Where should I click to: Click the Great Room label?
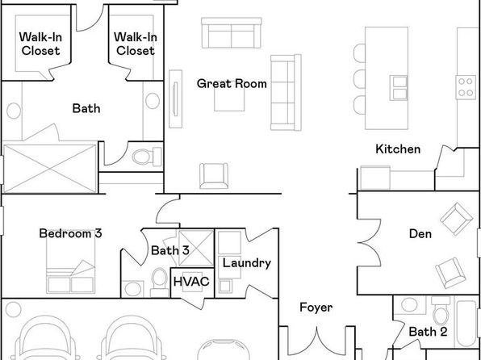pos(232,84)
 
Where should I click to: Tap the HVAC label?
pos(191,282)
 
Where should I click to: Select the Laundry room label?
pos(247,263)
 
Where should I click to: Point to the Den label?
pos(420,234)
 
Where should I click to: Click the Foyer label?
pos(316,308)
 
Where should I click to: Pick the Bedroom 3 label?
pos(70,233)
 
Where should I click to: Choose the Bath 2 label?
pos(428,332)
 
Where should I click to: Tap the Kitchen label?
pos(398,149)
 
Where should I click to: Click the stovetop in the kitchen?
pos(466,87)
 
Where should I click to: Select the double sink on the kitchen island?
pos(399,88)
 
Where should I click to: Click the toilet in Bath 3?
pos(159,283)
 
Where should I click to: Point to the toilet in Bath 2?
pos(441,312)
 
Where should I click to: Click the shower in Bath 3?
pos(196,248)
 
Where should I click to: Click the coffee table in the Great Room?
pos(229,98)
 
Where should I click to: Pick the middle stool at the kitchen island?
pos(359,79)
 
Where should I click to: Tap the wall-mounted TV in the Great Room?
pos(175,98)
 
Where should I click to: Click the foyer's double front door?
pos(317,341)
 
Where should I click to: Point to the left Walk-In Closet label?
pos(40,44)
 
